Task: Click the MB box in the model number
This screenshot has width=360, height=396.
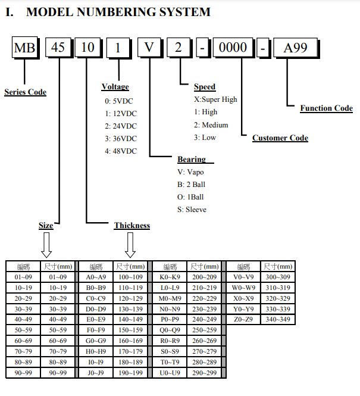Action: point(25,47)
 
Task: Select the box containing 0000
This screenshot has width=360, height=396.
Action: point(233,47)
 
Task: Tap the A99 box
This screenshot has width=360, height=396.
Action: point(295,48)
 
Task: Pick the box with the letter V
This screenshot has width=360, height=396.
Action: point(149,47)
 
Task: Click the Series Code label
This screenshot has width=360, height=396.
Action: point(25,92)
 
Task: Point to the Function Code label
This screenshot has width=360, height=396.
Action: point(327,108)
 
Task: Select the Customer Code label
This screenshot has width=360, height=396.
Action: point(280,138)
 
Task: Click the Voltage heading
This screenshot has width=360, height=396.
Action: point(115,86)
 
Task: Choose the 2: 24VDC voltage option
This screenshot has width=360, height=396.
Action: point(121,126)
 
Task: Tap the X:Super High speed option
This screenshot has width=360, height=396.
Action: point(215,99)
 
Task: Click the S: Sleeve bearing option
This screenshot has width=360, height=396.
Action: point(192,210)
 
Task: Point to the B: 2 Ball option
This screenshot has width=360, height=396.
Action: point(191,185)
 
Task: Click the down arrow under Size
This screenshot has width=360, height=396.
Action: point(46,245)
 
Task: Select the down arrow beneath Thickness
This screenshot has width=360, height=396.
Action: point(130,245)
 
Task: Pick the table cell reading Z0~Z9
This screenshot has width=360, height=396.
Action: point(243,319)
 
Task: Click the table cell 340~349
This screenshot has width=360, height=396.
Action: point(278,319)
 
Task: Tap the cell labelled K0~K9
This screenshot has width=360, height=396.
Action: point(170,277)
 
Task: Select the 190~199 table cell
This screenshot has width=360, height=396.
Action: point(130,373)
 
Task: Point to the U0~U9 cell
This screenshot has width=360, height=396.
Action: point(170,373)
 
